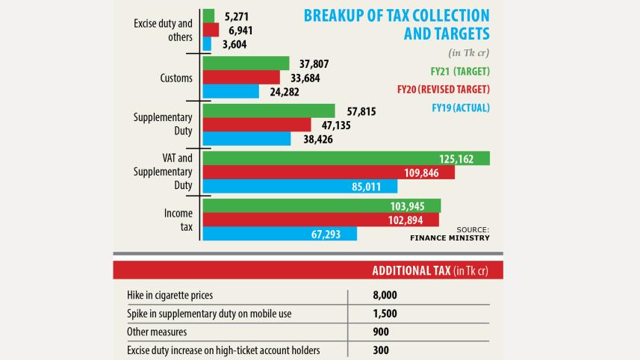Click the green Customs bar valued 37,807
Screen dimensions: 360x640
(x=246, y=63)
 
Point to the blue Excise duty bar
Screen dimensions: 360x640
(x=207, y=44)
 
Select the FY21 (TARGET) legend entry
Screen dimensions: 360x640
(x=459, y=72)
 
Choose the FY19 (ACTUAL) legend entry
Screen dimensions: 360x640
(x=460, y=108)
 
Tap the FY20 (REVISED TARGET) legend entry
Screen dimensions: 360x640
(x=444, y=90)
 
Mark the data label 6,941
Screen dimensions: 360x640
(x=240, y=30)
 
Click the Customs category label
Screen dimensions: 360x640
(x=176, y=78)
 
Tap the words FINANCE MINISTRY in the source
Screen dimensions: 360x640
(x=450, y=238)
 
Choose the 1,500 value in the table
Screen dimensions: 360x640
(x=385, y=313)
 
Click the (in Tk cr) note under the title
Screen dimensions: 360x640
(x=468, y=53)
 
